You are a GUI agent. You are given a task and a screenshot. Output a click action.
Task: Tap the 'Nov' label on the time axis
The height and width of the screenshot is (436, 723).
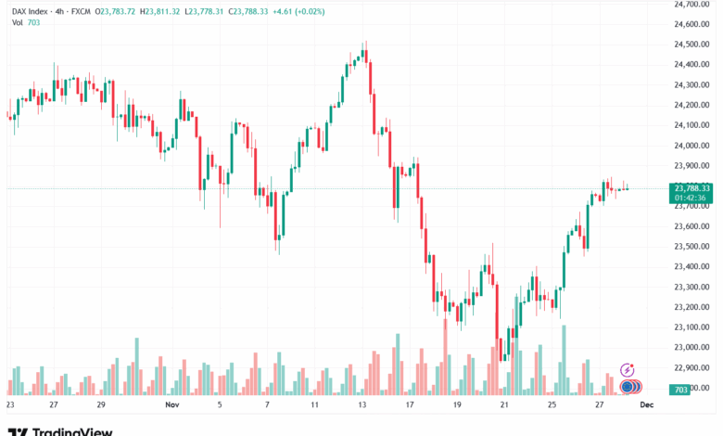[171, 405]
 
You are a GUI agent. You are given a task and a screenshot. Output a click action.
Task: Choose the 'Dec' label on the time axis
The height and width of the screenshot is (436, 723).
[648, 405]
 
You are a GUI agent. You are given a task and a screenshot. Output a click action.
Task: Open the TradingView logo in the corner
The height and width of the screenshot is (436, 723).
[60, 430]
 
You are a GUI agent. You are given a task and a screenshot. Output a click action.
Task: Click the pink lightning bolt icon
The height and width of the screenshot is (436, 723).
[627, 369]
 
